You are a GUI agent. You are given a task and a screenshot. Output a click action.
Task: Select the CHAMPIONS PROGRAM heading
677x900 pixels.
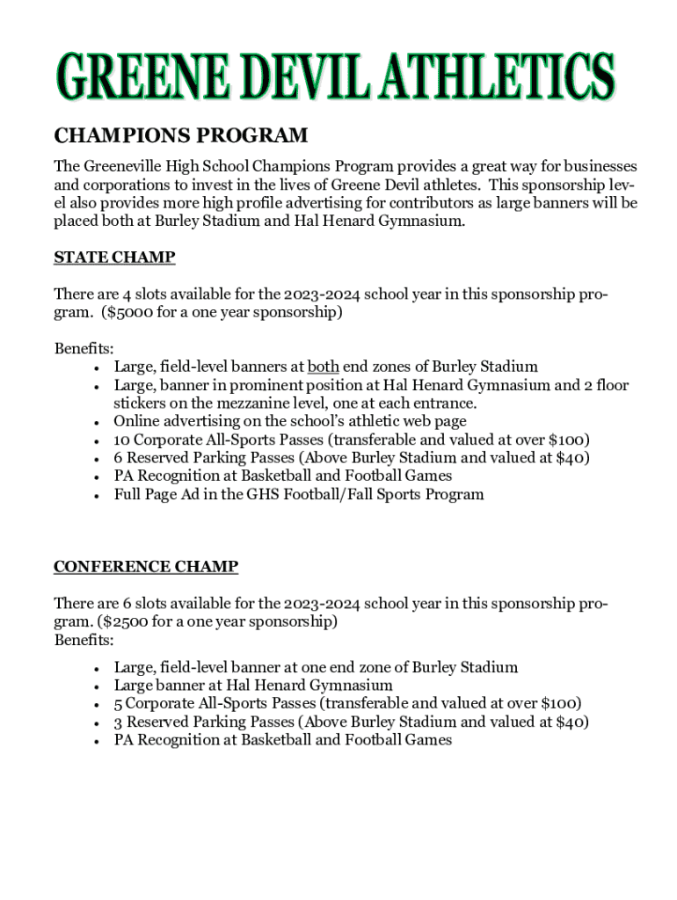pos(181,135)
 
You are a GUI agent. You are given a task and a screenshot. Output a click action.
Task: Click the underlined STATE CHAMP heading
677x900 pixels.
pos(114,258)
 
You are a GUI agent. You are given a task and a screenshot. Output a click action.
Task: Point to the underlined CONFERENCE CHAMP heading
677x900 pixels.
pos(146,567)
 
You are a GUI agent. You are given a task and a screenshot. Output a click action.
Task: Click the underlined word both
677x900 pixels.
pos(323,367)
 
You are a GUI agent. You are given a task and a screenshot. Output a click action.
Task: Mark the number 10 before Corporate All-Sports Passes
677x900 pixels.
pos(122,439)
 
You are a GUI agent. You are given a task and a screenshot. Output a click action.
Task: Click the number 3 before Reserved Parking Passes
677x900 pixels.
pos(119,722)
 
